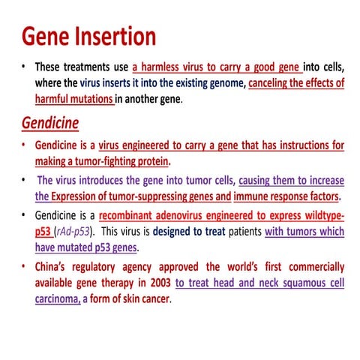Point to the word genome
pyautogui.click(x=220, y=83)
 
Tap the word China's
pyautogui.click(x=55, y=267)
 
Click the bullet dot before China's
pyautogui.click(x=25, y=266)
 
